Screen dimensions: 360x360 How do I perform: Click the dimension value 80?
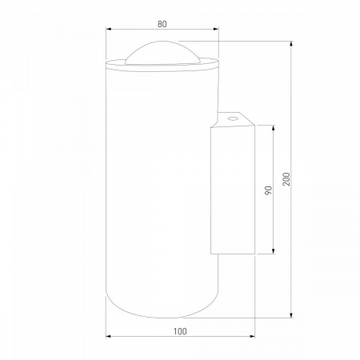tap(162, 24)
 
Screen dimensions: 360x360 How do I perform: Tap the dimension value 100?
tap(180, 331)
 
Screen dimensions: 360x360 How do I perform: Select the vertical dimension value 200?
tap(286, 179)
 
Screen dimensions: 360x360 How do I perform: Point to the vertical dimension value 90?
tap(269, 190)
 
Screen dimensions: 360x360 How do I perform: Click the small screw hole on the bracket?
tap(233, 118)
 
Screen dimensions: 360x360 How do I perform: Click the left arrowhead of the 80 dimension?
tap(108, 29)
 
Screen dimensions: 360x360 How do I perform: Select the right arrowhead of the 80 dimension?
tap(216, 29)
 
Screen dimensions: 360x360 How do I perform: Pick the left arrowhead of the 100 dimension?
tap(108, 337)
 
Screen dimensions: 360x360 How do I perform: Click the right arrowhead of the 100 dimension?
tap(253, 337)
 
